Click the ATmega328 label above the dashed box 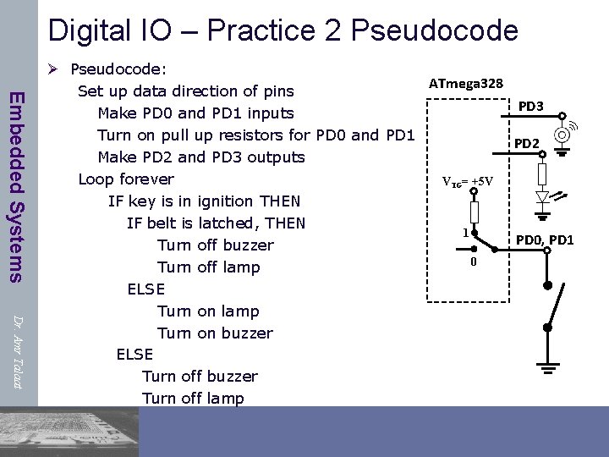coord(466,83)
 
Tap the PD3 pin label coord(530,107)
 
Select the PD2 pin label coord(527,144)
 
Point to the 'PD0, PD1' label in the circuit coord(545,240)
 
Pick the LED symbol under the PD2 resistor coord(543,197)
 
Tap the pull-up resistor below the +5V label coord(475,212)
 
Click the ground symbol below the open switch coord(548,368)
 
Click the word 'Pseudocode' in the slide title coord(434,31)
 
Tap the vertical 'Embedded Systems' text coord(16,185)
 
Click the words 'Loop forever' coord(126,179)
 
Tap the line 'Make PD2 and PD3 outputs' coord(201,157)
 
